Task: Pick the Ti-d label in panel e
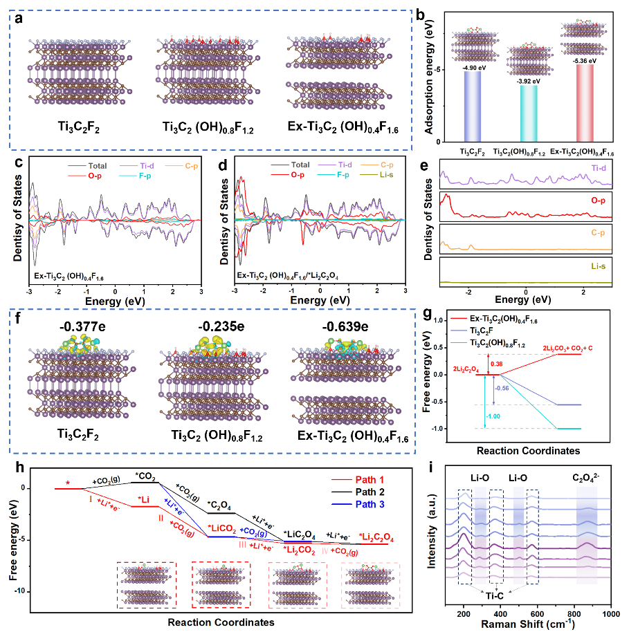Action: tap(599, 169)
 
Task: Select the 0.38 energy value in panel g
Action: tap(493, 364)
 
